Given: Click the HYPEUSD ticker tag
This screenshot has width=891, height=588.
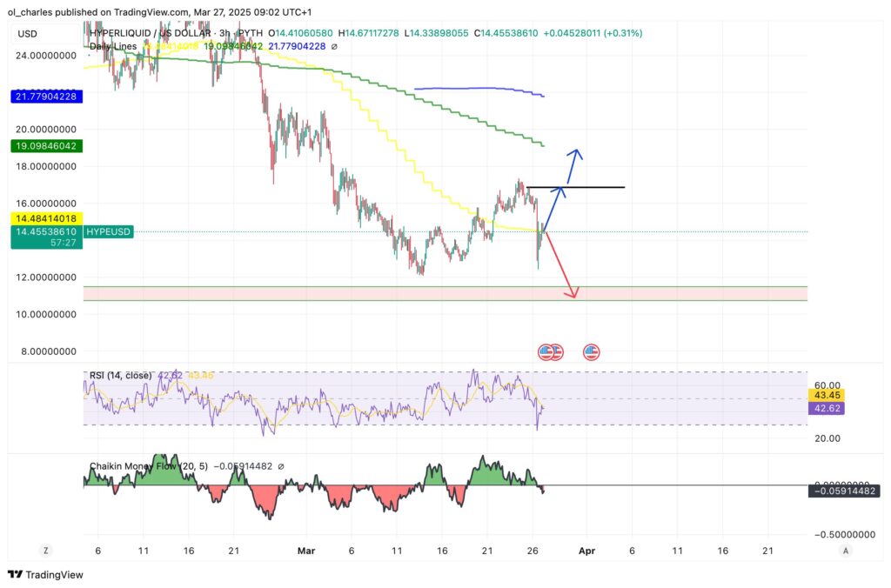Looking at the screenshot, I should point(109,232).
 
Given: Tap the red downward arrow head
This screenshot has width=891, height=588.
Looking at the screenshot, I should point(573,294).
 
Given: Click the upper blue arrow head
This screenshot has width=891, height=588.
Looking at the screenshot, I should point(574,154).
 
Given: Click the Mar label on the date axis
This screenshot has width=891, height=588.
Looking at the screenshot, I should point(305,551).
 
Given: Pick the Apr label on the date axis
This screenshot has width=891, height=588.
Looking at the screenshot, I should point(586,551).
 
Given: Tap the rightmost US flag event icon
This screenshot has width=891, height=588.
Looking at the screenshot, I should point(592,352).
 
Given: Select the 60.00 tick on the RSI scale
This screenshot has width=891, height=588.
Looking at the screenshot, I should point(826,384).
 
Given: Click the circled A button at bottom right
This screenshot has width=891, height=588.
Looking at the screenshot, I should point(846,551).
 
